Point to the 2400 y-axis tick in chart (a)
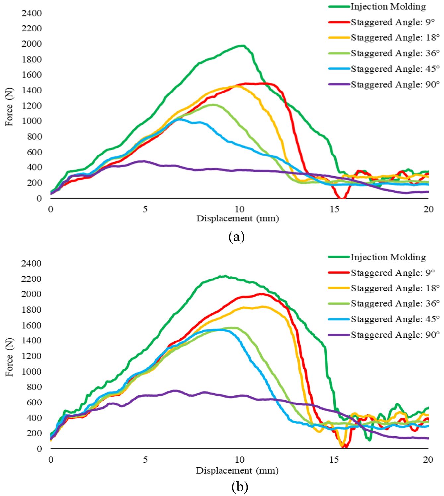point(32,13)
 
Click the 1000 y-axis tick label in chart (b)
point(32,371)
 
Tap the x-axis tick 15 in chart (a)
point(334,209)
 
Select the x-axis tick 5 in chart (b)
point(145,460)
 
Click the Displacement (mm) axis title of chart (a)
point(237,218)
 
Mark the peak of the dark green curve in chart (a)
point(243,46)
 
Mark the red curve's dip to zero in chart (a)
point(342,198)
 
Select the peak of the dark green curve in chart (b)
point(225,276)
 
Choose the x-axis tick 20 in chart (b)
point(428,460)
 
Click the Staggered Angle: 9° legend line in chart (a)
point(339,22)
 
